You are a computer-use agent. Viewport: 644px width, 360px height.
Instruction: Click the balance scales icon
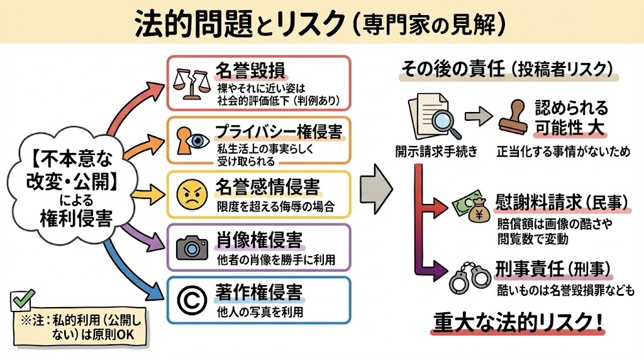[192, 84]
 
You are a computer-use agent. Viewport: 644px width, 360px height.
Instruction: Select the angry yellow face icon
[191, 193]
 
